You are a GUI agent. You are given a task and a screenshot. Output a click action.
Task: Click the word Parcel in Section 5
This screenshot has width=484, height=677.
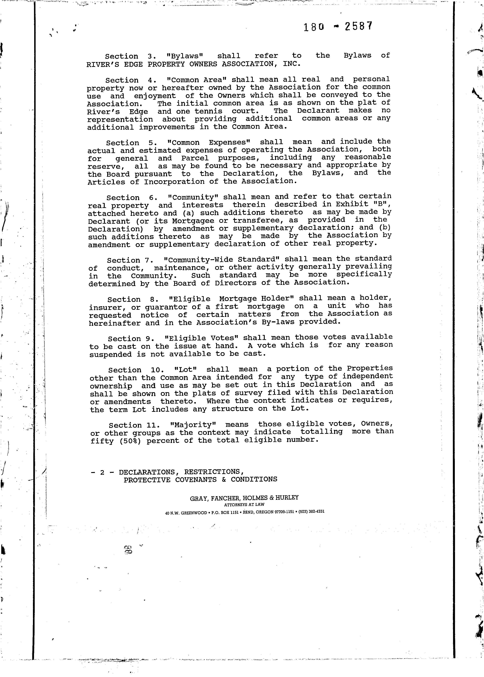[195, 158]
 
